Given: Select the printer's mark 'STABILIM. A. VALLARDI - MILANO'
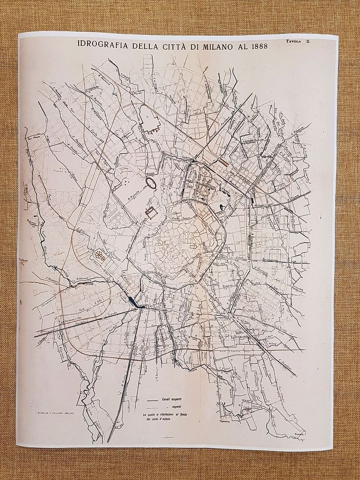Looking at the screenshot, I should (x=56, y=413).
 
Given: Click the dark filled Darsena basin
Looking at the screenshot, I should (x=132, y=301).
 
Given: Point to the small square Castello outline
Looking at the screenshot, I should (x=150, y=213).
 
